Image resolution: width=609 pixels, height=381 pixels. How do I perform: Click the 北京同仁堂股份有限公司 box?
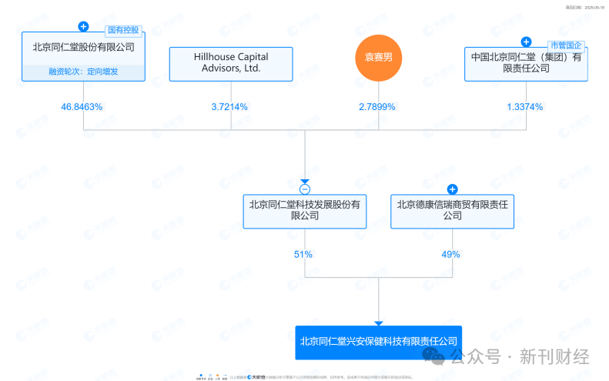point(83,48)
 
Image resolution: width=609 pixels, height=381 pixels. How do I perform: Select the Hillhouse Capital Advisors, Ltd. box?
point(231,64)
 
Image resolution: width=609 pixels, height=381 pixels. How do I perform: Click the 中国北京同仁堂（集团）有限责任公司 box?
point(527,64)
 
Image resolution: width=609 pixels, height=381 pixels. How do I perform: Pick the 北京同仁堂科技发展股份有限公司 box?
point(305,211)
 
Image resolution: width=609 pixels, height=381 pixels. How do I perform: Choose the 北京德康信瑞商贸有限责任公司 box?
point(452,211)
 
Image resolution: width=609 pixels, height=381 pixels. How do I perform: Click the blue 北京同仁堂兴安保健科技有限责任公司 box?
point(378,342)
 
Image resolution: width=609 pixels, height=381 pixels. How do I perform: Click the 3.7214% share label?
point(229,107)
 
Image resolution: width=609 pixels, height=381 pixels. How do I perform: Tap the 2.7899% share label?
point(377,107)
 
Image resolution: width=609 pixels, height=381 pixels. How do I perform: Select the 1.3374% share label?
point(525,107)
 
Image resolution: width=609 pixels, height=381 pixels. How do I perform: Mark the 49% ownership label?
point(451,254)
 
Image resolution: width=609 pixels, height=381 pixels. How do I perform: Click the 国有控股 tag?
point(123,31)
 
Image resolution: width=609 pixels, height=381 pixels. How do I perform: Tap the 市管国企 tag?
point(567,47)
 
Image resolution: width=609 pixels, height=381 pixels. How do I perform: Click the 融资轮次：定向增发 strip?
point(83,72)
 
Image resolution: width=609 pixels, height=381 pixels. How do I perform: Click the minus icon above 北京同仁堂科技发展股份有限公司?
point(305,189)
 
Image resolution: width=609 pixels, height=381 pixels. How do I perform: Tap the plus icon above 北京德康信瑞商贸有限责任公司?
point(452,189)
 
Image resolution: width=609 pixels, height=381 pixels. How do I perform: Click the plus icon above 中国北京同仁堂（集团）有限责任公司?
point(527,42)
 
